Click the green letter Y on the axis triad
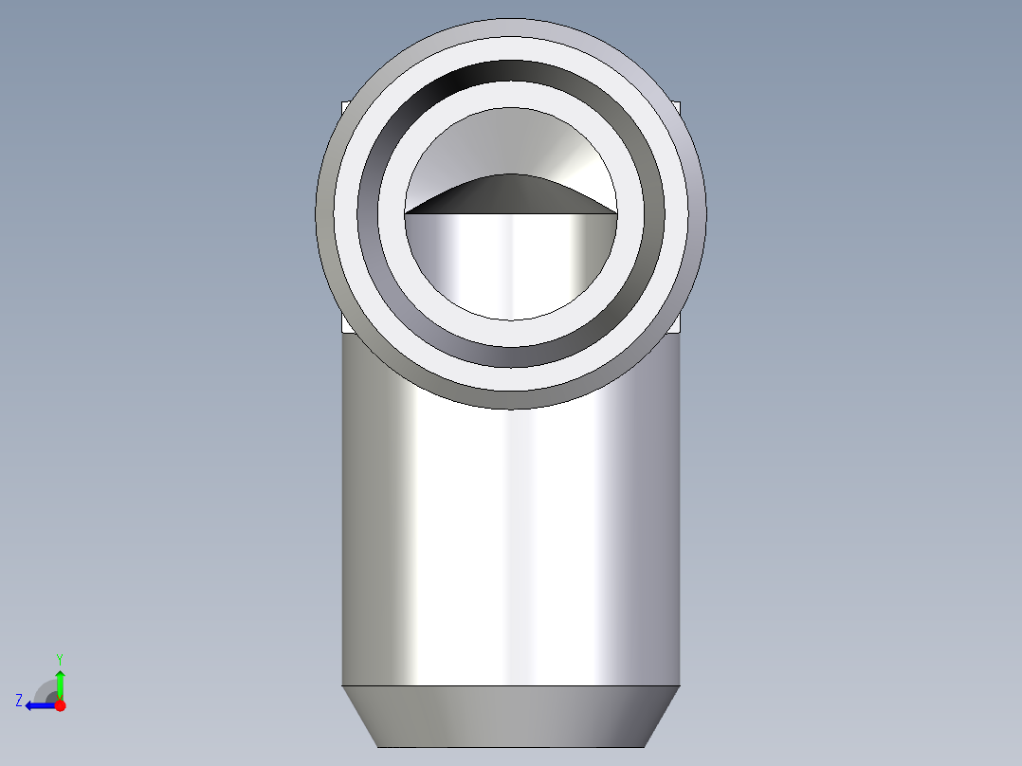coord(60,659)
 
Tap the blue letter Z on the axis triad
coord(19,701)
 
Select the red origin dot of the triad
coord(60,705)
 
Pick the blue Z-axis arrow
coord(41,705)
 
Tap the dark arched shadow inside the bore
coord(510,195)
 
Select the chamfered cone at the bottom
coord(511,717)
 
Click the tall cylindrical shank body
coord(511,541)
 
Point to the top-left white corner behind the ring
coord(345,106)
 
